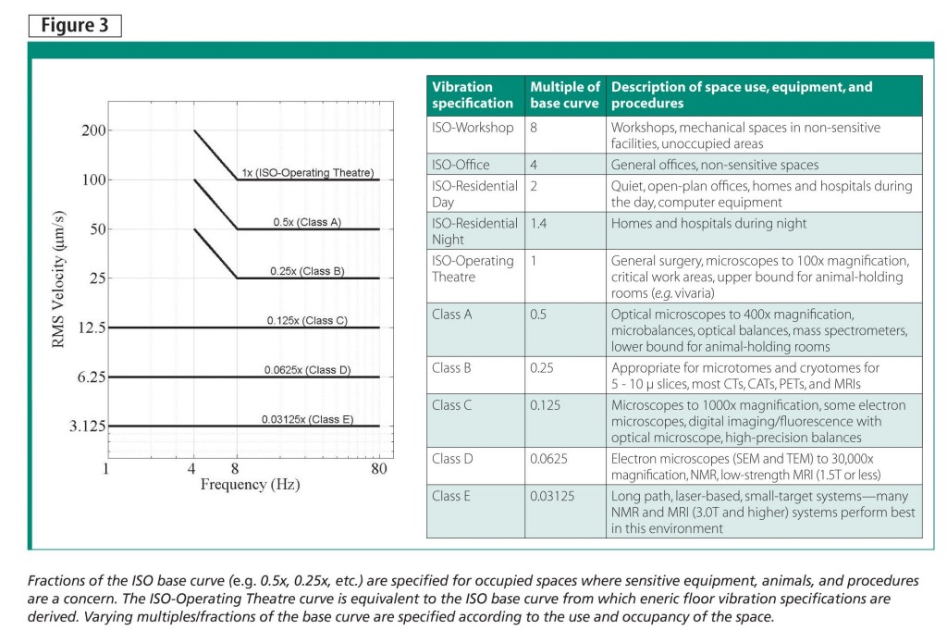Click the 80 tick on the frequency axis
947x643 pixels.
click(x=378, y=468)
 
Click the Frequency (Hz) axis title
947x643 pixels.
click(x=250, y=484)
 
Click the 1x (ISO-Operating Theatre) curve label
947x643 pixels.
click(x=307, y=172)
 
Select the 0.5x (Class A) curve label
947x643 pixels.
click(x=307, y=222)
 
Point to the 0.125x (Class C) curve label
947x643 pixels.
click(x=307, y=320)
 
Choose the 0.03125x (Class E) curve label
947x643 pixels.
click(x=307, y=419)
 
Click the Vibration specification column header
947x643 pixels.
click(x=472, y=95)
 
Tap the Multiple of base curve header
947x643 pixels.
click(x=564, y=95)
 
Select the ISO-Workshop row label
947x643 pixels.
click(x=473, y=128)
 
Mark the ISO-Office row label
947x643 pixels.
click(x=461, y=165)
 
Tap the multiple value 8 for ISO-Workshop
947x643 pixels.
click(x=535, y=128)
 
